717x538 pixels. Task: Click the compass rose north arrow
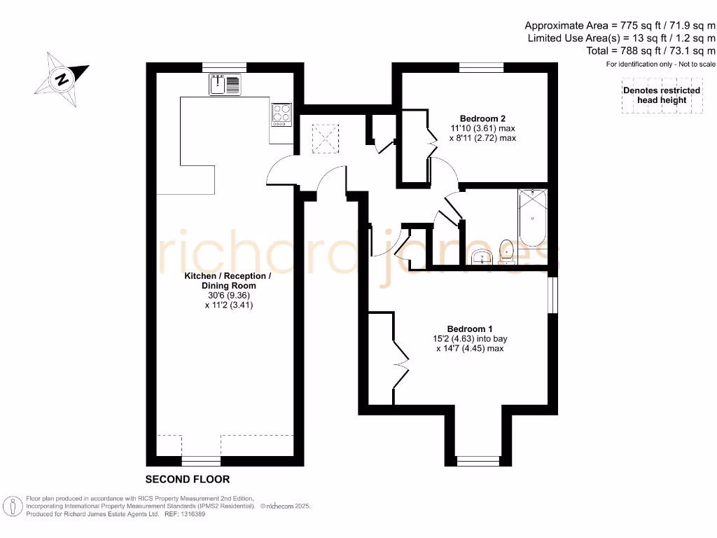(62, 78)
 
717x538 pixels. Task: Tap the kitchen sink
(224, 85)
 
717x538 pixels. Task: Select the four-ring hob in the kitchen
(281, 113)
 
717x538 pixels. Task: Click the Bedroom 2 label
(482, 118)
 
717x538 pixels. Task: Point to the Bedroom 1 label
(470, 329)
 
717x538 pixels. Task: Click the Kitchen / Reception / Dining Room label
(228, 281)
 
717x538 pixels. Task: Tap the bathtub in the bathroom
(534, 218)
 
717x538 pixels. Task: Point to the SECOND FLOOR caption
(187, 480)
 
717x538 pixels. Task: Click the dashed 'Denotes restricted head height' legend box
(661, 96)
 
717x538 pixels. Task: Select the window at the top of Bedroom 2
(481, 67)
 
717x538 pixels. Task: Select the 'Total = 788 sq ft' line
(651, 51)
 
